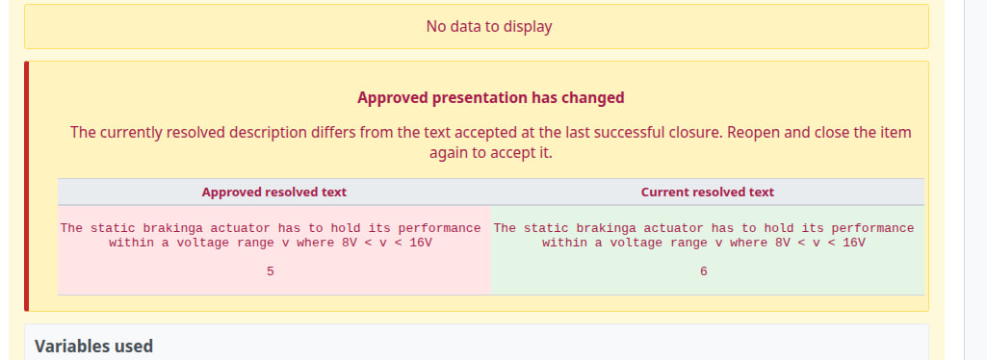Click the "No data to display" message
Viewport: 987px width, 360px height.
[489, 26]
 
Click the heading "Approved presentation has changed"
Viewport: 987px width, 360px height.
[491, 97]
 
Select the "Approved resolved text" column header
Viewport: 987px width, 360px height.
[273, 192]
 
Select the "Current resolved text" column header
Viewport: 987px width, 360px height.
[708, 192]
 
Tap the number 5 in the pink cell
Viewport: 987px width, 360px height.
[270, 271]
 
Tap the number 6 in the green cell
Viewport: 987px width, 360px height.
[703, 271]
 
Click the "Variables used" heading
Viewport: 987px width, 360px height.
[93, 347]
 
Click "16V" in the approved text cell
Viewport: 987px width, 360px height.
[421, 243]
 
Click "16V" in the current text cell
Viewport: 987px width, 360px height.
[854, 243]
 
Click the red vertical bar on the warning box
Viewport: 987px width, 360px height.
[26, 186]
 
